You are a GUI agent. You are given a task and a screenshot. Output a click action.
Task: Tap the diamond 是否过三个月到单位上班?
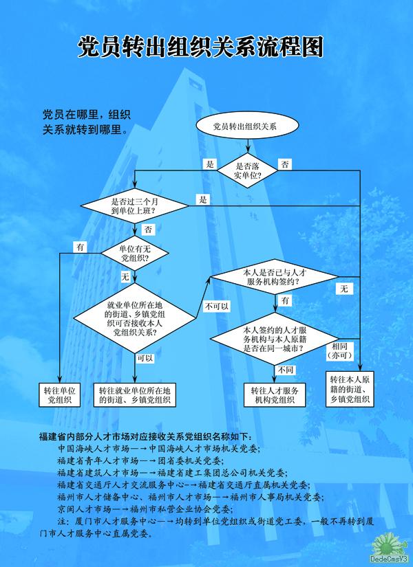tap(134, 205)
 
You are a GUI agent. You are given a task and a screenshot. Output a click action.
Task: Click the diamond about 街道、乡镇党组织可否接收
tap(135, 319)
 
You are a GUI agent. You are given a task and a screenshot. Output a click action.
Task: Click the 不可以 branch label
tap(217, 305)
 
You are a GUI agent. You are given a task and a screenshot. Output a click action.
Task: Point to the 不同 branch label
tap(286, 370)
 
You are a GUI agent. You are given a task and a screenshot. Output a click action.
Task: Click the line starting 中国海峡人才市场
tap(158, 449)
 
